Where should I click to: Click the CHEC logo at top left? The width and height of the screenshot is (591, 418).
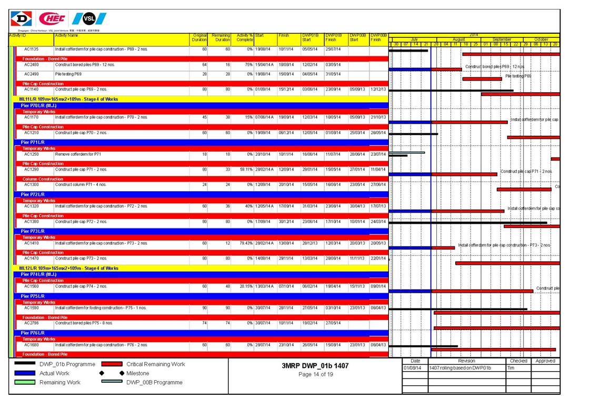point(52,19)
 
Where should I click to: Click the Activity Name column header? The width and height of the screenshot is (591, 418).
point(66,35)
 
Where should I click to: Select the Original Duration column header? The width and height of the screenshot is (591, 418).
point(199,37)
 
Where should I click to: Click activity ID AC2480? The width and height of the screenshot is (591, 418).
point(32,65)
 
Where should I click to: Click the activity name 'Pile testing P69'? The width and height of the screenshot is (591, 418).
point(68,74)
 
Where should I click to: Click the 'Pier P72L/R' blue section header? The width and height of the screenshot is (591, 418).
point(33,194)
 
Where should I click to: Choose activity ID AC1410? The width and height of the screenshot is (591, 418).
point(32,243)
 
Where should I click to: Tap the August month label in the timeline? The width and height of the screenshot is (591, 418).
point(458,39)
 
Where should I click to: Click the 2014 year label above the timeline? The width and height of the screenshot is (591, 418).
point(474,35)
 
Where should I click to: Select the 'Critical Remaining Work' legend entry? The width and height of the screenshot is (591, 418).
point(155,364)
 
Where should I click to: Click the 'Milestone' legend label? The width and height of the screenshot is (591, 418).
point(138,373)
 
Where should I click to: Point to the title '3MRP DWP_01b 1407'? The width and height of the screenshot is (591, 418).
point(315,365)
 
